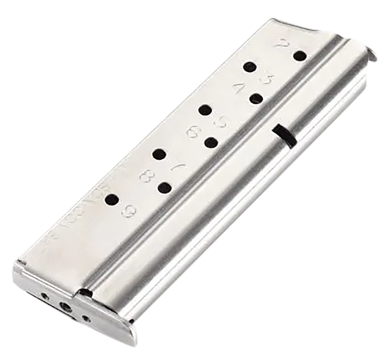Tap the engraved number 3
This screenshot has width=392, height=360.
[268, 79]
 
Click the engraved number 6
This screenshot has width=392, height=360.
[192, 132]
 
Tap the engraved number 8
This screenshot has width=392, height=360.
[146, 176]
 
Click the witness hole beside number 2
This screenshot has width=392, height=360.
[299, 56]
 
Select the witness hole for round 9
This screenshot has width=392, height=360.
[112, 199]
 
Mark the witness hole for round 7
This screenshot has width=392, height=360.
[159, 154]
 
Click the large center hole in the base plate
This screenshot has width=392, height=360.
[64, 307]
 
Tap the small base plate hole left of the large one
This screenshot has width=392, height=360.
[45, 295]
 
